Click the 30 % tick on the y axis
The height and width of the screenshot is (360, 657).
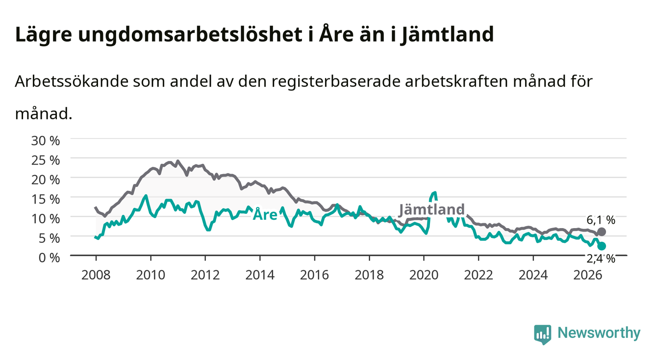[46, 141]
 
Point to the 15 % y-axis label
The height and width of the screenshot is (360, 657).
[46, 199]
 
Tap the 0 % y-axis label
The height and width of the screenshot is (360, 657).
[49, 257]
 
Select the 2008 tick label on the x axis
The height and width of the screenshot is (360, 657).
[96, 275]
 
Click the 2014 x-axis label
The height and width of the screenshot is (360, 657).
[260, 275]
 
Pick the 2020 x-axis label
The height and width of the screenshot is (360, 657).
[424, 275]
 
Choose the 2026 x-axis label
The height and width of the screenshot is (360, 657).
[588, 275]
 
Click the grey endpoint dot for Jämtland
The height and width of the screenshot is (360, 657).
[602, 232]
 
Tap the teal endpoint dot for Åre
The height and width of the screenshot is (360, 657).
[602, 246]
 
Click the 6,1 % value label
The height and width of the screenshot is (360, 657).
[601, 220]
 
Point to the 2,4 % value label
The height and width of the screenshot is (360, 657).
[601, 258]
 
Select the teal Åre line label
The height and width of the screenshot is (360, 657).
[265, 214]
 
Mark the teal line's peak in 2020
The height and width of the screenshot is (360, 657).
[435, 193]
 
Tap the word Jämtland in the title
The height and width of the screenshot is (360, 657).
[448, 35]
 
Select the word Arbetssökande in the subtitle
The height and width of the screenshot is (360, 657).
[72, 81]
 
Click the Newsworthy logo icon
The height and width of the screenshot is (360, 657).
[543, 334]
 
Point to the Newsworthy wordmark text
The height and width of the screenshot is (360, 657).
[599, 333]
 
